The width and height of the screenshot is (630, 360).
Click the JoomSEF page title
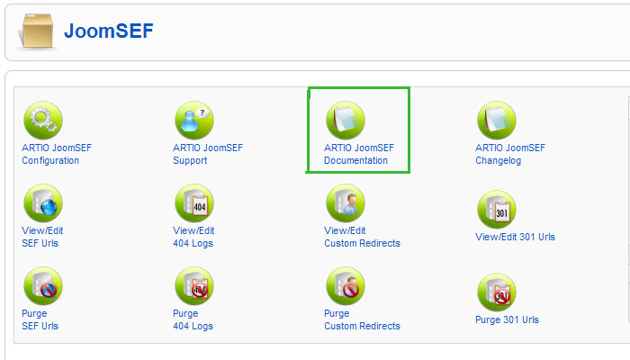tap(108, 31)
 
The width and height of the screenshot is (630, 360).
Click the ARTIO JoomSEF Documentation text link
tap(358, 154)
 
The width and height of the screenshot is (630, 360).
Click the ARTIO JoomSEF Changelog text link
tap(509, 154)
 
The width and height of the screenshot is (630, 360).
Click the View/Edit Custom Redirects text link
tap(362, 237)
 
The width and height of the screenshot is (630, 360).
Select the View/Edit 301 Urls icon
tap(496, 209)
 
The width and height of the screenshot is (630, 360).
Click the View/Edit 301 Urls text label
tap(515, 238)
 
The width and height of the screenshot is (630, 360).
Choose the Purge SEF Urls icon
tap(42, 286)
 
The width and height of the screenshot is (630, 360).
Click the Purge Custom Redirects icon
tap(345, 286)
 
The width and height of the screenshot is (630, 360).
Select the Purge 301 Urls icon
tap(496, 292)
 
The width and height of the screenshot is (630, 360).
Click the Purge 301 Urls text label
tap(507, 319)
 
